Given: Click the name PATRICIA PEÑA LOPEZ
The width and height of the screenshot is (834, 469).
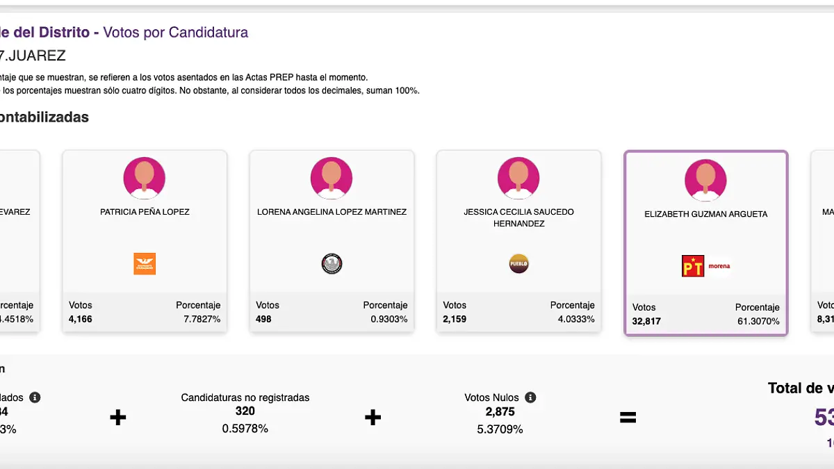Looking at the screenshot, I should (145, 212).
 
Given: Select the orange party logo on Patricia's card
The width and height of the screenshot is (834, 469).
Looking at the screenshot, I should (145, 264).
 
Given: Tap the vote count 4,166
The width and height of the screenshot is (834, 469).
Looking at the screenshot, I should (81, 319).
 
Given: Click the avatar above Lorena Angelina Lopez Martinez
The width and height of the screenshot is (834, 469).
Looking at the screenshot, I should (332, 178).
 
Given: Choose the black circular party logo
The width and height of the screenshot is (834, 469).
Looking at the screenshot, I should (332, 264).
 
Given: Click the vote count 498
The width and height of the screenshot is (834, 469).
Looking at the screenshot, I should (263, 319).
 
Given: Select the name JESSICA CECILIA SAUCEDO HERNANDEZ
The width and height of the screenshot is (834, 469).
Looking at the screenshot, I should (519, 217).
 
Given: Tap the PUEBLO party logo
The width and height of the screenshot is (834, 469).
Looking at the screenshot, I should (518, 264).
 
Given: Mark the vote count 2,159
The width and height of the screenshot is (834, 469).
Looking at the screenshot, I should (455, 319).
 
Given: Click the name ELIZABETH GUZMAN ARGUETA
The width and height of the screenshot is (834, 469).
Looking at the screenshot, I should (705, 214).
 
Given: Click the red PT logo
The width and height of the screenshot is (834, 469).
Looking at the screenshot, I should (693, 266).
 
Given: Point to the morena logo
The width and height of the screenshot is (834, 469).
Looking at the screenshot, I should (719, 266).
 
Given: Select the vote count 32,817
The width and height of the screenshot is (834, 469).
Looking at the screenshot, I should (646, 321).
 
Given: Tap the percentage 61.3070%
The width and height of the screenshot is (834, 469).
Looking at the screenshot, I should (758, 321).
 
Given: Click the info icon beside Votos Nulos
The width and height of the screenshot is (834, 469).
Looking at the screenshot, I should (530, 397).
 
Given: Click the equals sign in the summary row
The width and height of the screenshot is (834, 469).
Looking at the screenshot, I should (628, 417).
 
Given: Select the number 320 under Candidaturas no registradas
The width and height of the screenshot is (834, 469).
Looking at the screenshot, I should (245, 411).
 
